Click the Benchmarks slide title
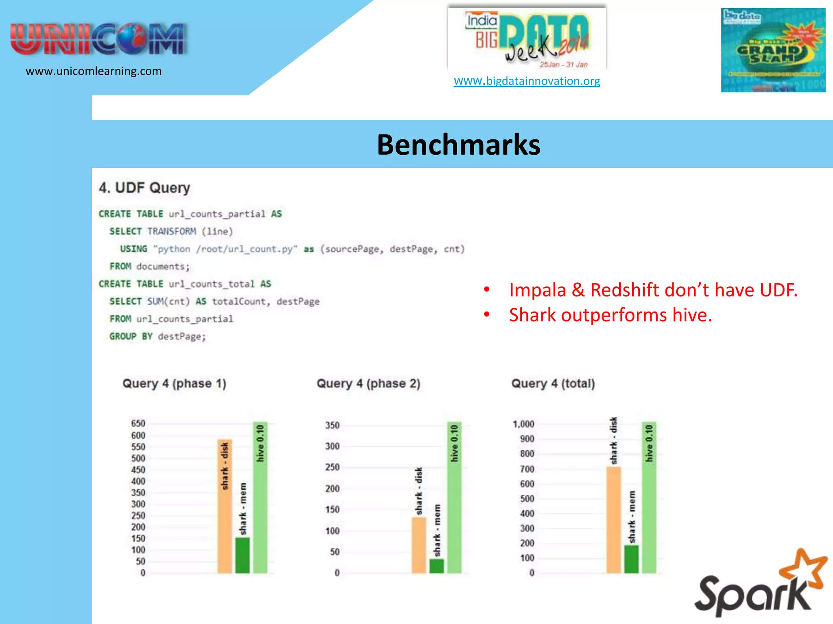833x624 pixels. (458, 145)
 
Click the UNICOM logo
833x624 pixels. (98, 39)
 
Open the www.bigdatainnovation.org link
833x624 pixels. (527, 81)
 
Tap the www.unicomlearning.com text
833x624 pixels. (94, 71)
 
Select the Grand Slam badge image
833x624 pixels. (773, 50)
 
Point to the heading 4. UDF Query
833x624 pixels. (144, 188)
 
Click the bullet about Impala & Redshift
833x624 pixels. (653, 290)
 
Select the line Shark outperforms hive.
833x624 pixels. (610, 315)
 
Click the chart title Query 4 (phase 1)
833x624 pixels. (174, 383)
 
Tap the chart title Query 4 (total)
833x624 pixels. (553, 383)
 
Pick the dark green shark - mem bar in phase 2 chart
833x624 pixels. (436, 566)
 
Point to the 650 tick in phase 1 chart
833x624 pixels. (138, 423)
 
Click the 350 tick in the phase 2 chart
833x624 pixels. (332, 425)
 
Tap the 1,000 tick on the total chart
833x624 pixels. (523, 424)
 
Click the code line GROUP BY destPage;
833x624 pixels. (157, 336)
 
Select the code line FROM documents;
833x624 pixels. (149, 266)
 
